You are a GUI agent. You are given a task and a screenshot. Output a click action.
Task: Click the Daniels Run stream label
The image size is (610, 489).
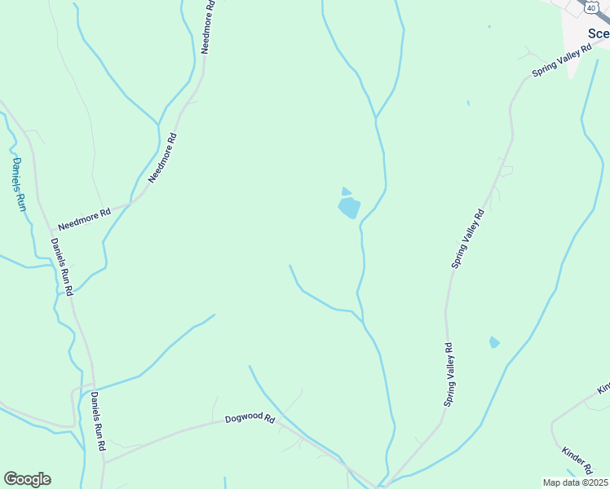click(20, 184)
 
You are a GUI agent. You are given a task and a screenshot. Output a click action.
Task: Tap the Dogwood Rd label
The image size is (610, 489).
click(250, 418)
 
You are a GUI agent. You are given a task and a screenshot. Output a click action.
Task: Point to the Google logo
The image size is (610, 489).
click(27, 479)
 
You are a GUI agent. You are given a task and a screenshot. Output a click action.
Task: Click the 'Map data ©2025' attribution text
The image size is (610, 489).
click(576, 482)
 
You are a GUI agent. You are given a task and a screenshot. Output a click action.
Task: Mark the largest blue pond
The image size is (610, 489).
click(349, 207)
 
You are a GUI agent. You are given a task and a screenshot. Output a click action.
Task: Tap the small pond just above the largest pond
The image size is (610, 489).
click(346, 192)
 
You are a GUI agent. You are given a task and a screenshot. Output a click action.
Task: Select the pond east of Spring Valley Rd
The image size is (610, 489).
click(494, 342)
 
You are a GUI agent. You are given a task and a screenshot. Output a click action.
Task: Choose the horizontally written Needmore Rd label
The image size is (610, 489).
click(84, 218)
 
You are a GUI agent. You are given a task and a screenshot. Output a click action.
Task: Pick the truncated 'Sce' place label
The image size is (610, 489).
click(599, 33)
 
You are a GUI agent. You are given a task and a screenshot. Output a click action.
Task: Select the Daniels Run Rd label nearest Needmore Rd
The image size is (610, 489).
click(62, 267)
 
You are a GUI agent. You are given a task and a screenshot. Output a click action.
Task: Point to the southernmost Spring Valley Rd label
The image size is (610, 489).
click(449, 375)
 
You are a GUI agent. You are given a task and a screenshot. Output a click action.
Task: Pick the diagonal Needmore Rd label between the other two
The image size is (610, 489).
click(161, 157)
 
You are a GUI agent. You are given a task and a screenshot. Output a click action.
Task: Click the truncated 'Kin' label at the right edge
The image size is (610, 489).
click(603, 386)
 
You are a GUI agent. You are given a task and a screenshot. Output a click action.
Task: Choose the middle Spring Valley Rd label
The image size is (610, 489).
click(468, 238)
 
